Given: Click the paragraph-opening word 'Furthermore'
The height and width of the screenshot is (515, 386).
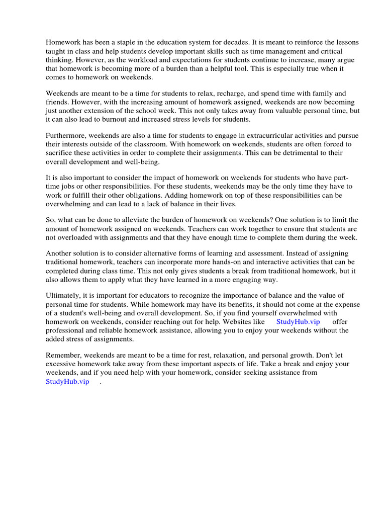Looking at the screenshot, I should [66, 136].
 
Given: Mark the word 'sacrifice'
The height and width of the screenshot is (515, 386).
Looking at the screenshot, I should [60, 153].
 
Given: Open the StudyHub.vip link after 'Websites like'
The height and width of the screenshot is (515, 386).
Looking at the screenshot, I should [298, 322].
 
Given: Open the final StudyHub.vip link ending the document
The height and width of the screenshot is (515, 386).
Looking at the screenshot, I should [67, 381].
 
